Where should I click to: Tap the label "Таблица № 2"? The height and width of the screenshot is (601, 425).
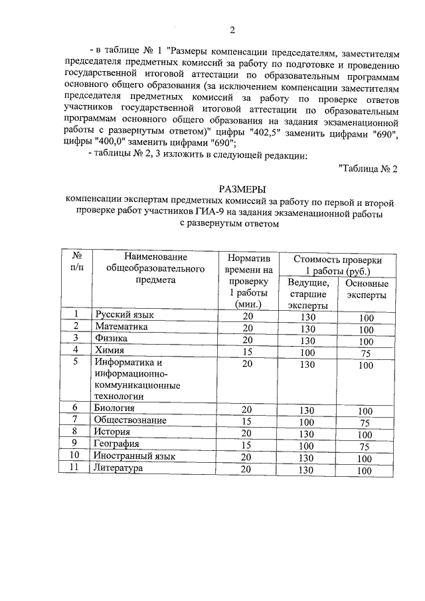(x=367, y=167)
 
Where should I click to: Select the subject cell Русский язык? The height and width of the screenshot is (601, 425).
(x=124, y=315)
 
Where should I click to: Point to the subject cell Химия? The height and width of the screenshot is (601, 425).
(x=110, y=350)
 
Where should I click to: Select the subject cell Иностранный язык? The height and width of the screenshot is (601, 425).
(x=135, y=456)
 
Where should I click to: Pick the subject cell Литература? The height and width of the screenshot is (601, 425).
(x=119, y=469)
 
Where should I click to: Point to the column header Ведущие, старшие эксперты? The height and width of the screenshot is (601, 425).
(x=307, y=294)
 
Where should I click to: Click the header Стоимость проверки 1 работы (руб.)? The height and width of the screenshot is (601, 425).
(x=338, y=265)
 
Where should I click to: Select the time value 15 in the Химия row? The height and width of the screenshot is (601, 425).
(x=248, y=351)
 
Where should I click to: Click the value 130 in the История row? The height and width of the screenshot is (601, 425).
(x=307, y=434)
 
